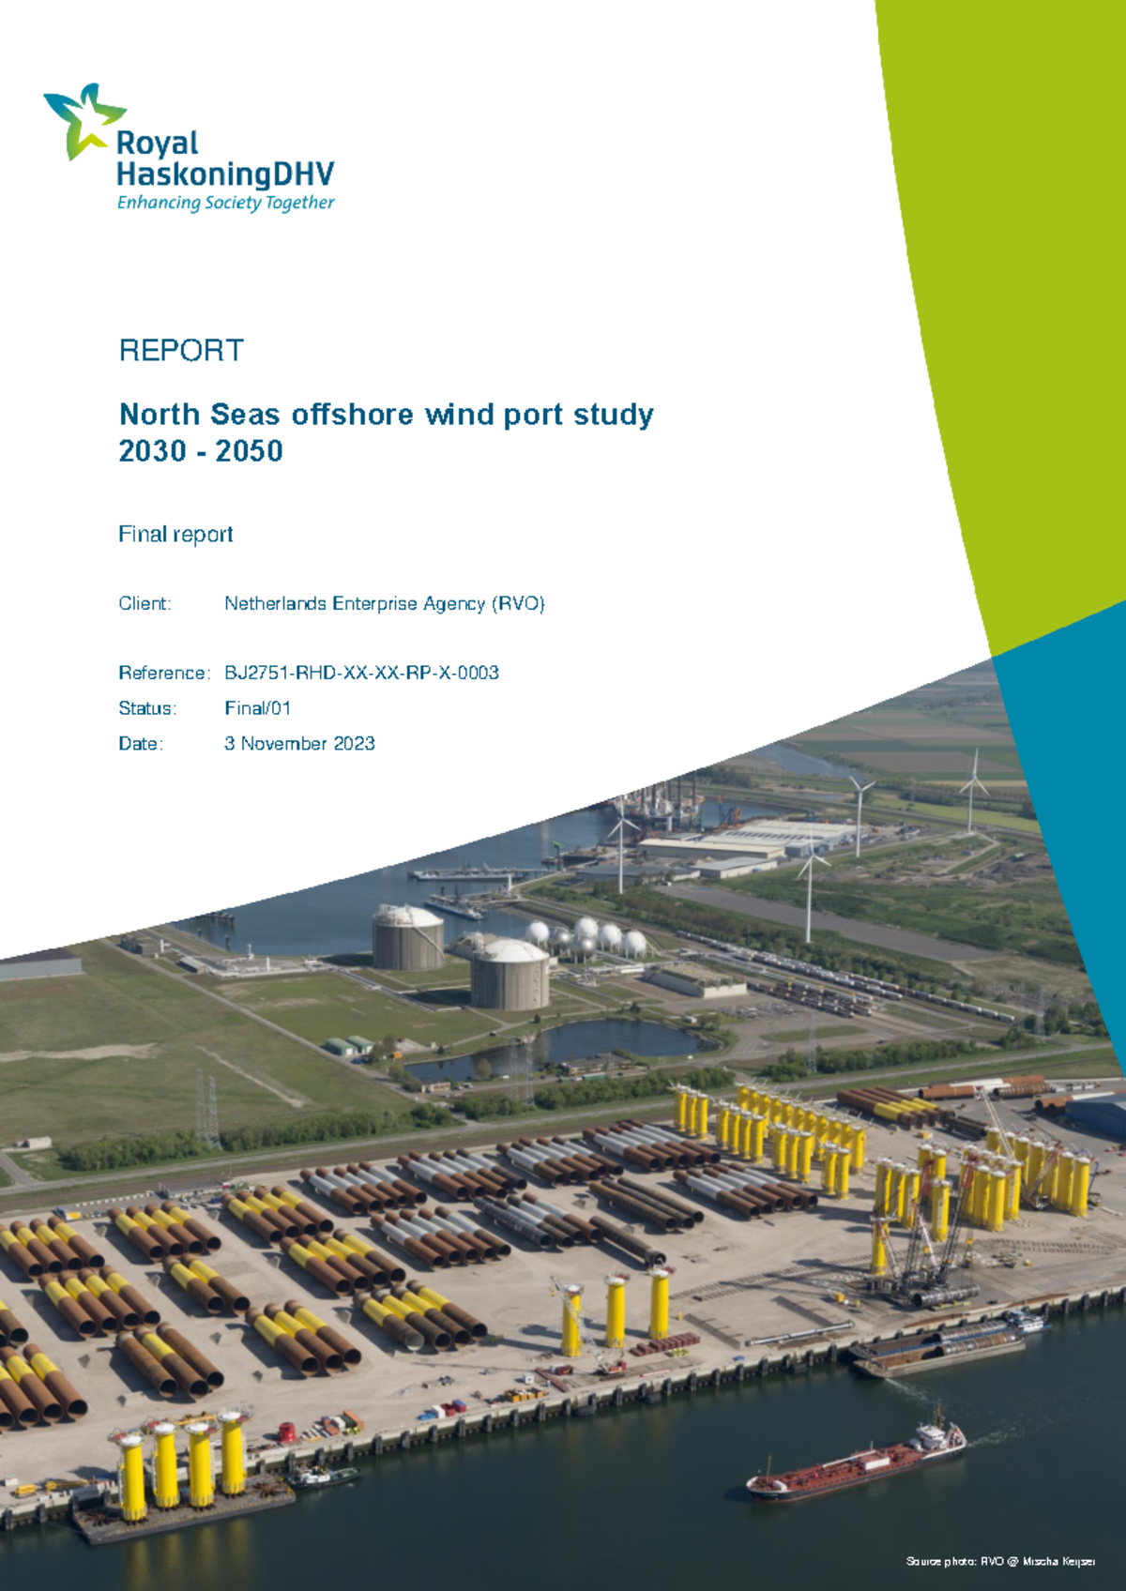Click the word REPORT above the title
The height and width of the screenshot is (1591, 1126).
pos(181,351)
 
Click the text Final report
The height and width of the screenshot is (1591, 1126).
pos(175,535)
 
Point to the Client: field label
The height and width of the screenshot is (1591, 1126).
pos(145,604)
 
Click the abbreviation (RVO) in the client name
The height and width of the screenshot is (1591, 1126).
pos(518,604)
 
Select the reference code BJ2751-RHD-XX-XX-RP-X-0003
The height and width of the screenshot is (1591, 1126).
pos(361,674)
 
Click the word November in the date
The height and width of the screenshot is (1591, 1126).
pos(284,744)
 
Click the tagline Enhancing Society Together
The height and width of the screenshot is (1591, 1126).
pos(225,203)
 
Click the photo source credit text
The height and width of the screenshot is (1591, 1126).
pos(1000,1562)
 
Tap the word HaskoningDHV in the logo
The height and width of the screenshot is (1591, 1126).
pos(225,174)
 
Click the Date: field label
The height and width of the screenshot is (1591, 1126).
pos(141,744)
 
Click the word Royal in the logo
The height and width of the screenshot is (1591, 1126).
pos(157,144)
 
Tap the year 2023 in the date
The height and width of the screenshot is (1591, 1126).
pos(354,744)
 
